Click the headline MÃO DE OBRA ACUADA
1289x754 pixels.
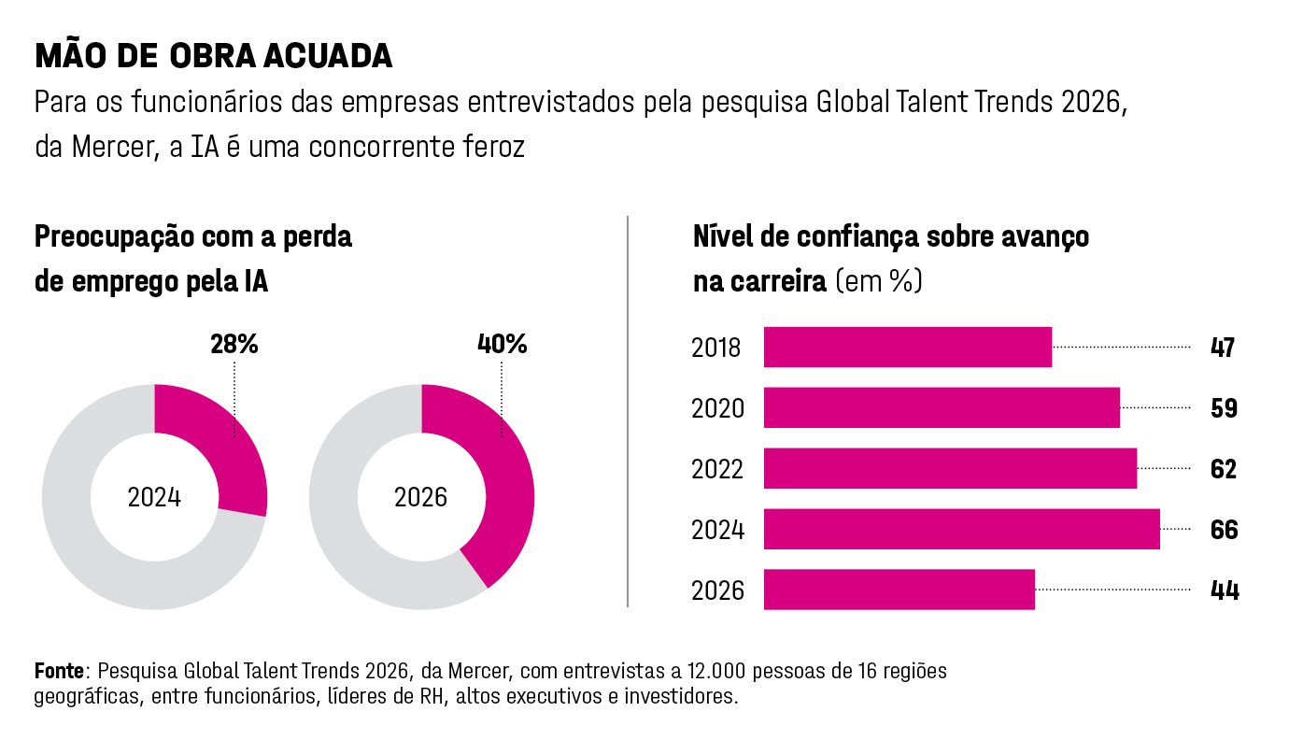(213, 56)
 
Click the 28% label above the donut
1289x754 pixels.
(234, 345)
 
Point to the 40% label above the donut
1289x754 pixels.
(503, 345)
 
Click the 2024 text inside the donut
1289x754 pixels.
(154, 497)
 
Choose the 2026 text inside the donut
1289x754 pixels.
(421, 497)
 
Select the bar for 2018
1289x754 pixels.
(907, 348)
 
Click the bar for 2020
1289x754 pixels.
(942, 408)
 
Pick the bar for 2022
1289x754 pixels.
(950, 468)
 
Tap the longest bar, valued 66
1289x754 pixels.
(962, 529)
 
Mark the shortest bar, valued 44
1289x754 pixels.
(899, 590)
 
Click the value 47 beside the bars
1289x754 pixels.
(1223, 348)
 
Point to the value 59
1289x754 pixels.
(1224, 408)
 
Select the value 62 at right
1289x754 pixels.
(1224, 468)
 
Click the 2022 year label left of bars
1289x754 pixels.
(717, 469)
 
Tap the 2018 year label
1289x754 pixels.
(717, 349)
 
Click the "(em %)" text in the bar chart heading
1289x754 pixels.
(878, 281)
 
